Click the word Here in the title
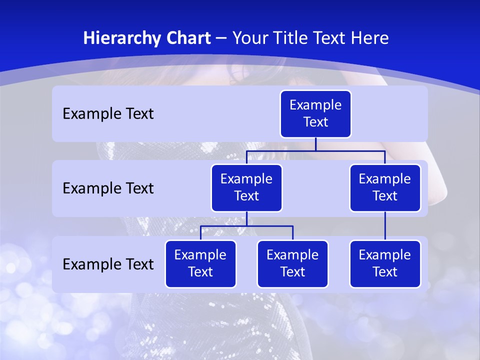tap(369, 38)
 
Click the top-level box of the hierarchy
tap(315, 114)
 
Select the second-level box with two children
tap(246, 188)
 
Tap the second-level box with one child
tap(385, 188)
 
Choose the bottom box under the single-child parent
tap(385, 264)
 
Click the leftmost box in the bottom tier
tap(200, 264)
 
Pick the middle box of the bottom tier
tap(292, 264)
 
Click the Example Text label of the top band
tap(108, 114)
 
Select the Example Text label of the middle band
tap(108, 188)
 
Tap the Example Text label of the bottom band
tap(108, 264)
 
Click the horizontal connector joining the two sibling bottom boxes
tap(246, 226)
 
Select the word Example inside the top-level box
tap(315, 105)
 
